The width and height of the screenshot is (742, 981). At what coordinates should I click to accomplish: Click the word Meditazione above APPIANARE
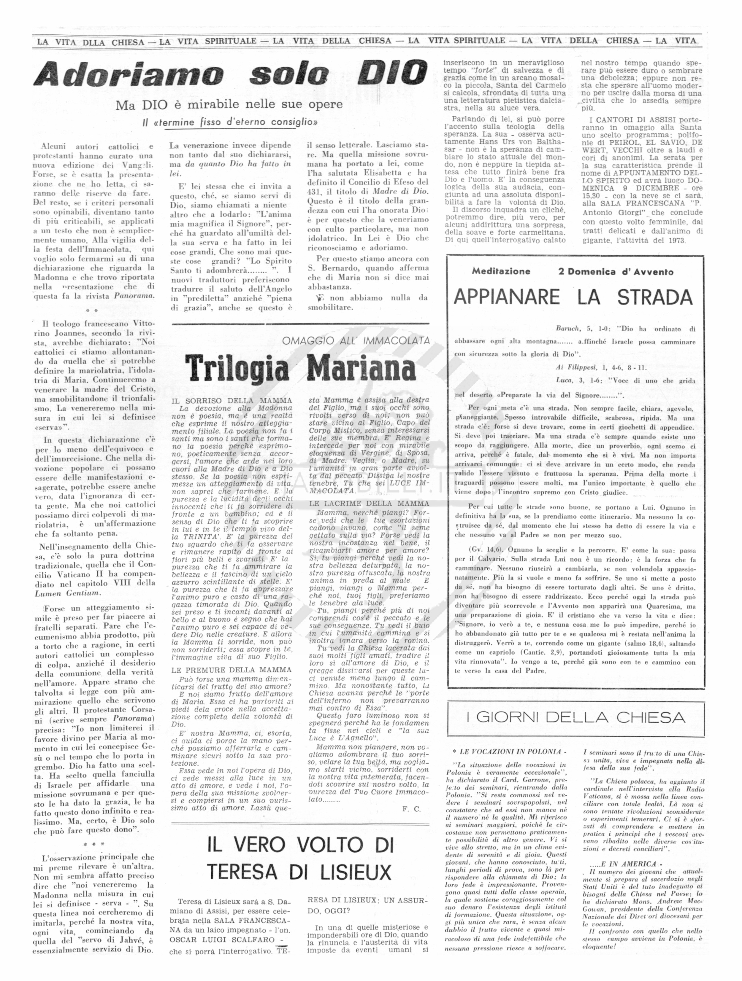pyautogui.click(x=501, y=271)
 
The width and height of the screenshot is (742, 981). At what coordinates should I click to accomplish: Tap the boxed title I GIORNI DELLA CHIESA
pyautogui.click(x=575, y=717)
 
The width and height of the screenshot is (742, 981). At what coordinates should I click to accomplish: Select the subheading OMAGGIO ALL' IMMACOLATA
pyautogui.click(x=356, y=341)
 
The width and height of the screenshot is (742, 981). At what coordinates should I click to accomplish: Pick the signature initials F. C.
pyautogui.click(x=411, y=808)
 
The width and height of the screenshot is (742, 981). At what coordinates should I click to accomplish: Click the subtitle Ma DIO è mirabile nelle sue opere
pyautogui.click(x=229, y=105)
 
